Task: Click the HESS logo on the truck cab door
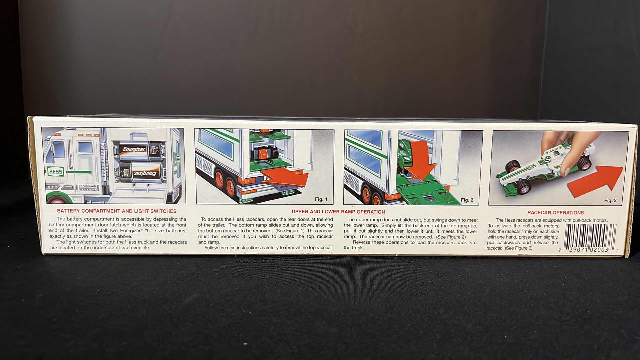point(55,172)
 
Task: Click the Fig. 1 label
point(321,199)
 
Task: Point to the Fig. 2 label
point(467,200)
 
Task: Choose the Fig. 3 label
point(610,200)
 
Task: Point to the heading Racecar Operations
point(555,213)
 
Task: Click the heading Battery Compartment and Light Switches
point(117,211)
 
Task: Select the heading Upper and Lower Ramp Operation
point(338,212)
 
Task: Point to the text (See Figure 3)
point(518,248)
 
